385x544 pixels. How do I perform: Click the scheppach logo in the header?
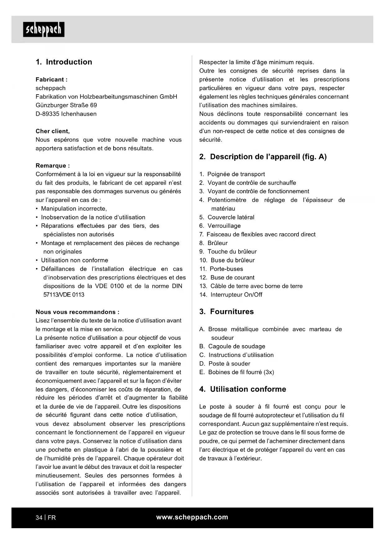[x=44, y=29]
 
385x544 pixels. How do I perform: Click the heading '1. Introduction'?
[x=64, y=62]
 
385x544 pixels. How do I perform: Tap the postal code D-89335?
[x=47, y=114]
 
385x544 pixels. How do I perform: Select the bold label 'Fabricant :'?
[x=51, y=79]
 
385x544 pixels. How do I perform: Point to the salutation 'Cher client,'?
[x=53, y=131]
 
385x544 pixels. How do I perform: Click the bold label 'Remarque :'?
[x=53, y=166]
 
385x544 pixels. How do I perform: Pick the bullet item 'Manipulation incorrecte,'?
[x=74, y=209]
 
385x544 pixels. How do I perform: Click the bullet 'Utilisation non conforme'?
[x=74, y=260]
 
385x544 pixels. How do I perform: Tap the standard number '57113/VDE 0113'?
[x=64, y=295]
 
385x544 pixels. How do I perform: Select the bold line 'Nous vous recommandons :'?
[x=78, y=312]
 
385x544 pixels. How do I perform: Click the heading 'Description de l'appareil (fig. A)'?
[x=268, y=157]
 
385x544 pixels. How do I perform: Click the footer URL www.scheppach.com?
[x=192, y=517]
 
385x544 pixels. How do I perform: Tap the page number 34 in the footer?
[x=39, y=518]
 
